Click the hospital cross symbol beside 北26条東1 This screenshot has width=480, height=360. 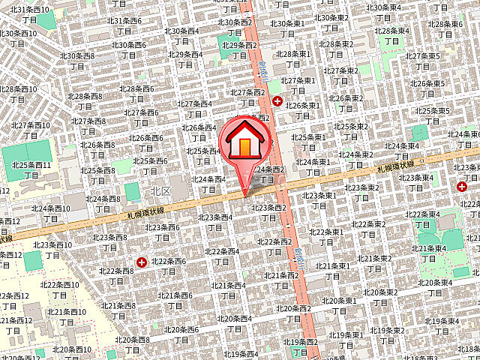point(277,101)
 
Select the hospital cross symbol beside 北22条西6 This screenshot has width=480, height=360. point(142,262)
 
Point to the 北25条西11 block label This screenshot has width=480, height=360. point(31,169)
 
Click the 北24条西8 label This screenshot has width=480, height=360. point(103,203)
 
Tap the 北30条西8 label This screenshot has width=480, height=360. point(76,60)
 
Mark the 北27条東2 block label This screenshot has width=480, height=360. point(341,75)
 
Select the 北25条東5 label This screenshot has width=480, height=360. point(433,115)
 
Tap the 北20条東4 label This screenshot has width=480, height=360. point(435,287)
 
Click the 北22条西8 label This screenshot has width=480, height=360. point(116,275)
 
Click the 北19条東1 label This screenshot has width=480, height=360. point(345,339)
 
